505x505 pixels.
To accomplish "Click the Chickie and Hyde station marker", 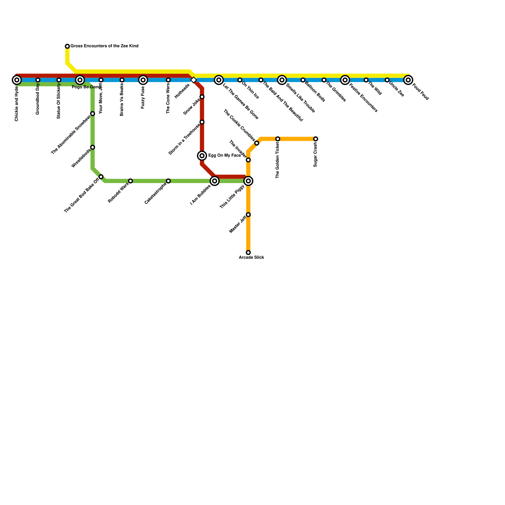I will click(x=17, y=80).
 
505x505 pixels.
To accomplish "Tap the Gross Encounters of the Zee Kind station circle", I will click(x=67, y=46).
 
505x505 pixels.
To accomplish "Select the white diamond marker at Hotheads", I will click(x=194, y=80).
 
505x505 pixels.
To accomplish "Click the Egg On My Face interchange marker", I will click(x=202, y=156).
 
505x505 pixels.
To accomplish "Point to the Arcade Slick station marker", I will click(x=248, y=252).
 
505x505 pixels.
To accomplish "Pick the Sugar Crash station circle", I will click(x=316, y=139).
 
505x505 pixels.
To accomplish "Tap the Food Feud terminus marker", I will click(x=408, y=80).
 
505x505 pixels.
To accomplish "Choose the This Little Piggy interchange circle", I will click(x=248, y=181).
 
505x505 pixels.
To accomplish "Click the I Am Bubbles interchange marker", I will click(x=215, y=181).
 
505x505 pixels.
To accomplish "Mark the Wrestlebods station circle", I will click(x=92, y=147).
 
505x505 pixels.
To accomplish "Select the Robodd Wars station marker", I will click(x=130, y=181).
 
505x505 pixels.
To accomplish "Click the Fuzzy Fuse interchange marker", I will click(x=143, y=80).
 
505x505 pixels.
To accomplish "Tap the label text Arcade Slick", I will click(x=251, y=258).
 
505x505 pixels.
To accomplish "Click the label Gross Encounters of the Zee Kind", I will click(x=104, y=46).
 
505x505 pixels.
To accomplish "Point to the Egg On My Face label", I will click(x=224, y=156).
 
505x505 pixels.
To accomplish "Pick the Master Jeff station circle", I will click(x=248, y=215).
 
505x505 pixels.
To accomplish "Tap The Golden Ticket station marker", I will click(x=278, y=139).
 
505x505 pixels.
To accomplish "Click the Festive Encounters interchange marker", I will click(x=345, y=80).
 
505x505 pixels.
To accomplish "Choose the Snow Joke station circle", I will click(x=202, y=97).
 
